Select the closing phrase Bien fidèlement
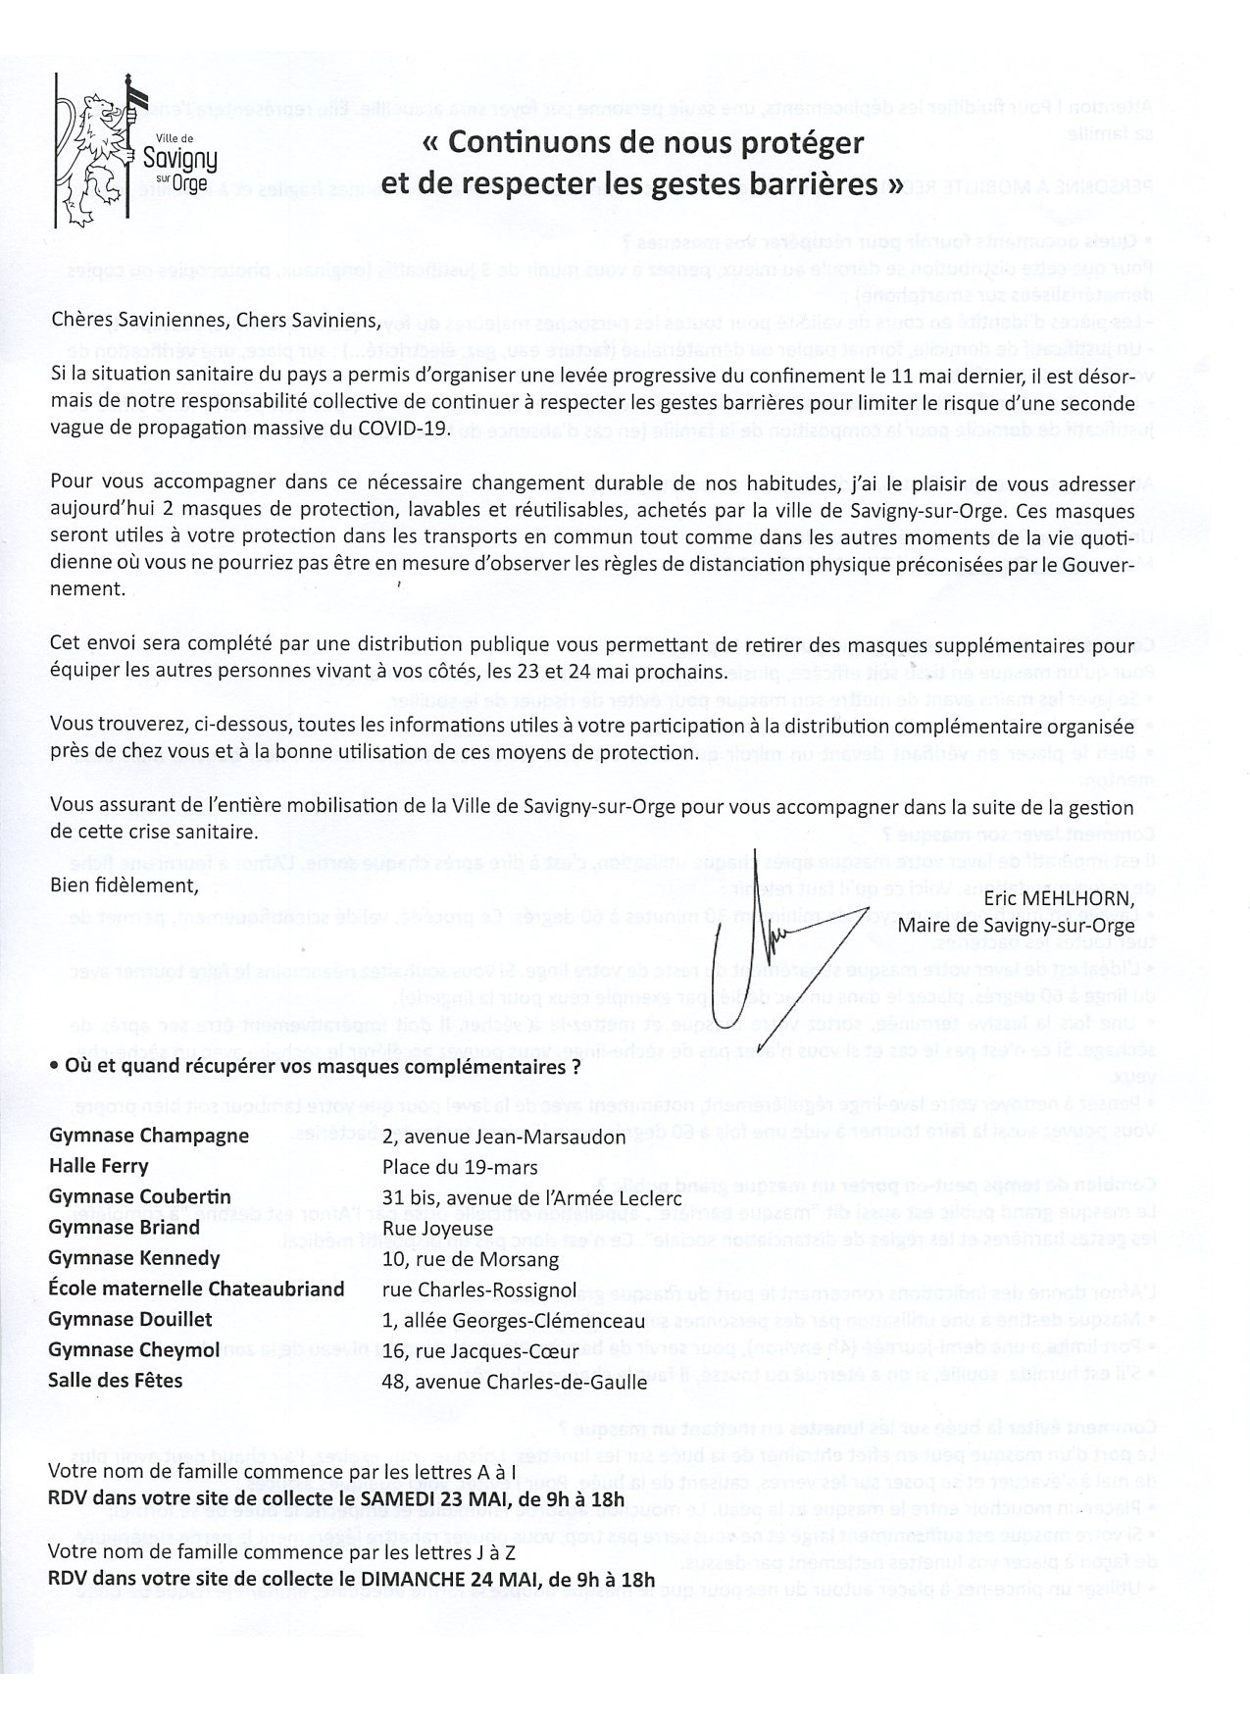tap(124, 885)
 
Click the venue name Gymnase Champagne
tap(148, 1136)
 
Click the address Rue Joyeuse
tap(438, 1228)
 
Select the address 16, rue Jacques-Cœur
tap(472, 1349)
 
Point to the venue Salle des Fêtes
tap(116, 1380)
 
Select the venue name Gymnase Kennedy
tap(134, 1258)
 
